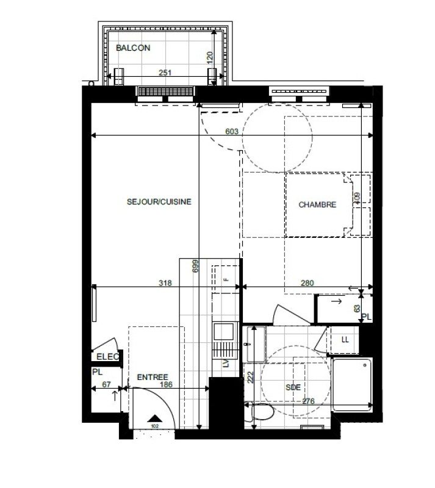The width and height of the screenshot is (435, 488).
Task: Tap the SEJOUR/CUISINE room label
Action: pos(159,202)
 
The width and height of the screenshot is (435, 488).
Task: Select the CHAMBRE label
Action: pos(317,206)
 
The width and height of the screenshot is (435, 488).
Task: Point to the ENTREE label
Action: pos(153,378)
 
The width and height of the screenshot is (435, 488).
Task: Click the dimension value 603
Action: pos(231,131)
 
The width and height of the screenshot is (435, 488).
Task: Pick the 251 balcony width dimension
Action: pos(165,73)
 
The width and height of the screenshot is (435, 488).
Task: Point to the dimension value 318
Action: pos(165,283)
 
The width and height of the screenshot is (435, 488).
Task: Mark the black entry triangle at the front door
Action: pos(154,418)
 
